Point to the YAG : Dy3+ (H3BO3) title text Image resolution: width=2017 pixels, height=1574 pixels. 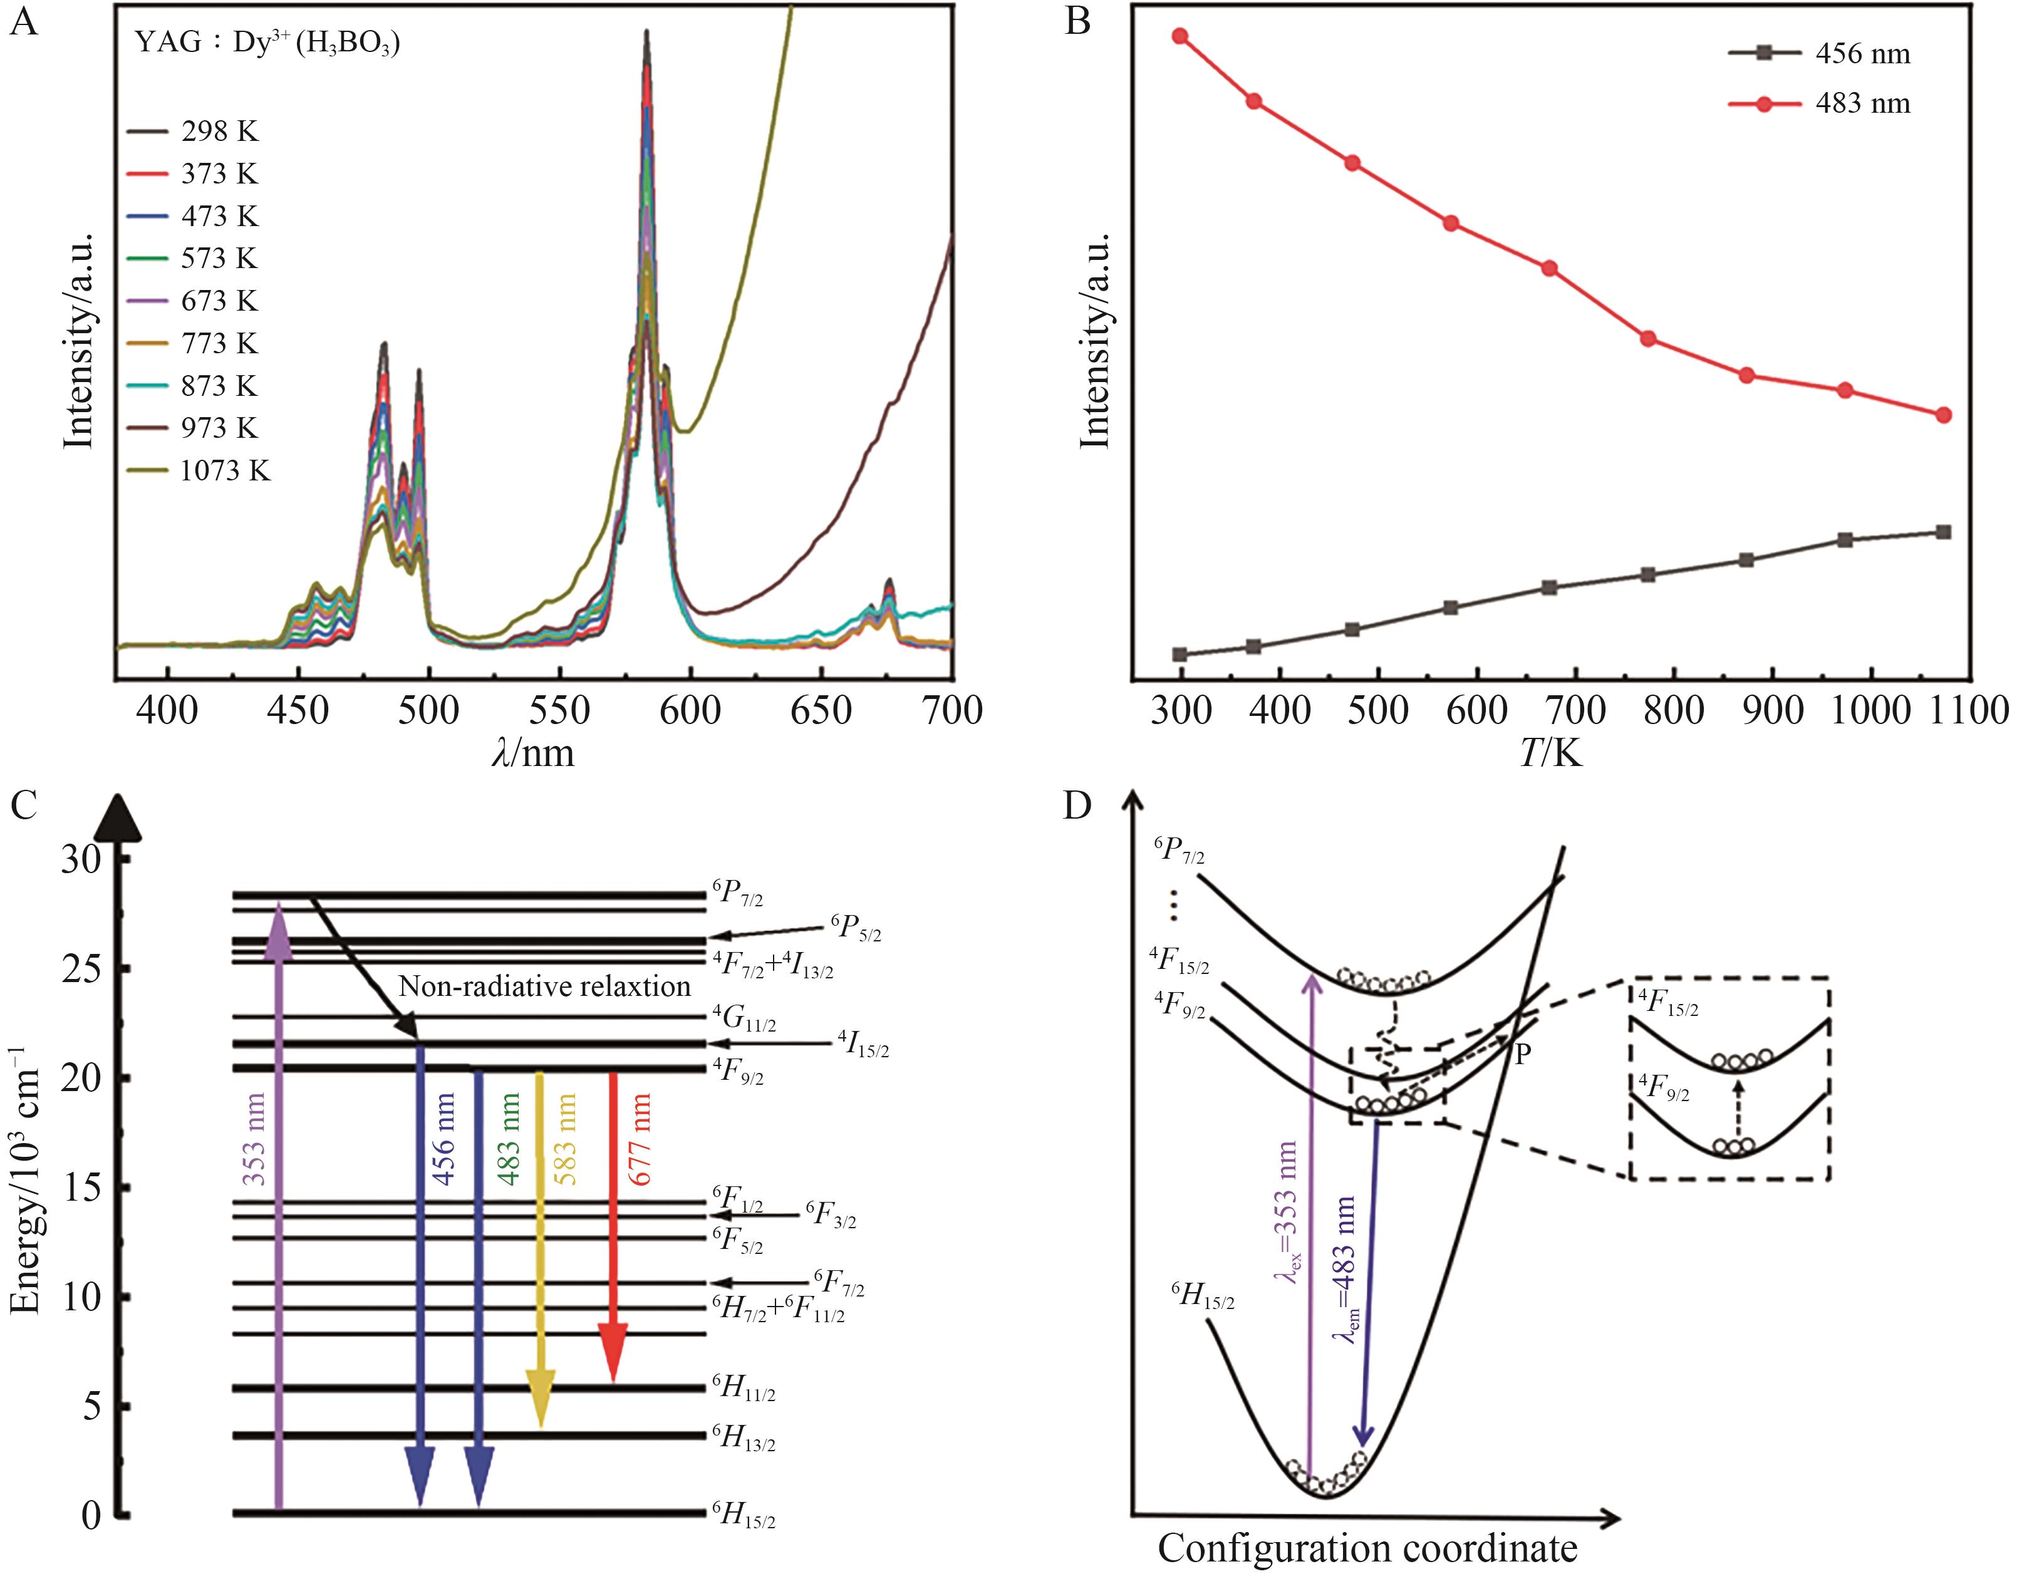pyautogui.click(x=267, y=43)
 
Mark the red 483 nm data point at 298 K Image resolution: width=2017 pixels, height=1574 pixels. pyautogui.click(x=1180, y=36)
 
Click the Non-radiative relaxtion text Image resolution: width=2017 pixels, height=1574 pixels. pyautogui.click(x=544, y=986)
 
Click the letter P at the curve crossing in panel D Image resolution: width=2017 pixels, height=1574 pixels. pyautogui.click(x=1524, y=1054)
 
